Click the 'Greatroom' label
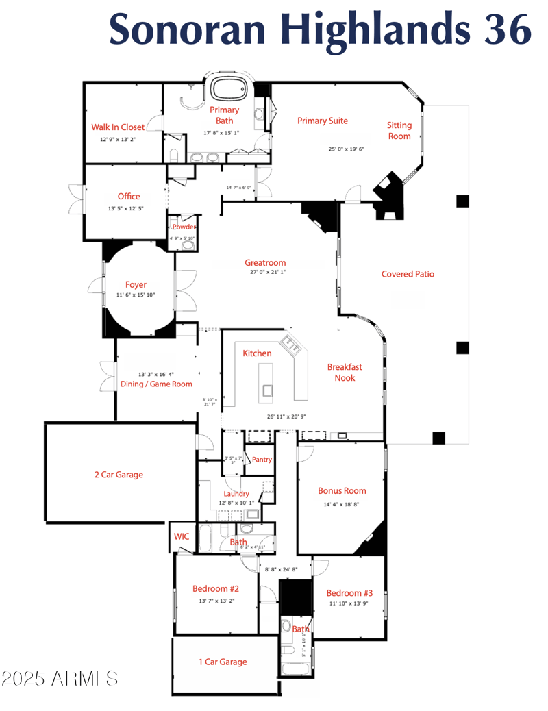(265, 263)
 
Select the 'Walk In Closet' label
(118, 127)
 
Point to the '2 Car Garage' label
(119, 474)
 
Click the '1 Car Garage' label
(223, 662)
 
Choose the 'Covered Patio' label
(408, 274)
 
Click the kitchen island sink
(266, 391)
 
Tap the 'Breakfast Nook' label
(345, 372)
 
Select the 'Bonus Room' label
(342, 490)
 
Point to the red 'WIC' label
(182, 536)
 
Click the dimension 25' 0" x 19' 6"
(346, 149)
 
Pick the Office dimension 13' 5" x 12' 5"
(126, 209)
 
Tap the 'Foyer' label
(136, 285)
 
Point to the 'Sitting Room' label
(399, 130)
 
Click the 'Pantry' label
(262, 459)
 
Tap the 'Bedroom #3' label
(349, 593)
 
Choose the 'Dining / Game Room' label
(157, 384)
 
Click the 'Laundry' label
(236, 494)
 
